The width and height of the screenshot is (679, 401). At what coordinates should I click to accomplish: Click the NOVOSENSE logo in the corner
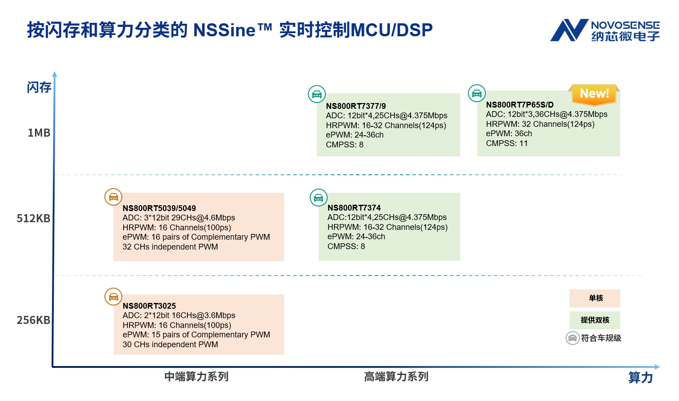pos(605,30)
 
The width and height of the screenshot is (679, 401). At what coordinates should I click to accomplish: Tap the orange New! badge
pos(594,94)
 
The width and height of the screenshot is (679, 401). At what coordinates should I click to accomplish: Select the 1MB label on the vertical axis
pos(39,133)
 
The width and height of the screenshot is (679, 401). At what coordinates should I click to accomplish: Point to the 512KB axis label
pos(34,219)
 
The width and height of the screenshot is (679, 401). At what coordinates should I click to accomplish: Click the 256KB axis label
pos(34,320)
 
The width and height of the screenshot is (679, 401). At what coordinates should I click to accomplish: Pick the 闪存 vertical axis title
pos(39,87)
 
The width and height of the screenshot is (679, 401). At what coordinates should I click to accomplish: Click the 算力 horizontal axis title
pos(640,378)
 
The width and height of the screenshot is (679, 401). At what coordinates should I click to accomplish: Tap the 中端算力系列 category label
pos(196,377)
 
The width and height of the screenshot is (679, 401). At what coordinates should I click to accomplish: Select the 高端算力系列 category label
pos(396,377)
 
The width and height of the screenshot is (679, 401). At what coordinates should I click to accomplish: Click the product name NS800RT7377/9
pos(356,106)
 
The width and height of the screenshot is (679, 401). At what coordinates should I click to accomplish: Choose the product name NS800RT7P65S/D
pos(519,105)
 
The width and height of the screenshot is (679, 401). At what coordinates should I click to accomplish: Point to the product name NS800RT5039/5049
pos(159,208)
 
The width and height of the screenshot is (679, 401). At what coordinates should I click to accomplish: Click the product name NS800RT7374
pos(354,208)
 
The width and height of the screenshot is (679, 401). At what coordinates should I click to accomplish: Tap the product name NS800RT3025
pos(149,306)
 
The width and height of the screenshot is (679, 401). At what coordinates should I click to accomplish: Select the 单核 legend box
pos(595,298)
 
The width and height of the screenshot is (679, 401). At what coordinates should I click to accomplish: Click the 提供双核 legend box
pos(595,320)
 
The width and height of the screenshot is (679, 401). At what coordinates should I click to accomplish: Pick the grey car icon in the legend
pos(572,338)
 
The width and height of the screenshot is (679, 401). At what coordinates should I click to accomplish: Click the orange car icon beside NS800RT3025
pos(113,297)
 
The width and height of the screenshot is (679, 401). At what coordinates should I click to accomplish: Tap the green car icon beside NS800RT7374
pos(319,198)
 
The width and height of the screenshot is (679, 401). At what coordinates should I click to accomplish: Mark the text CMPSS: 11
pos(507,144)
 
